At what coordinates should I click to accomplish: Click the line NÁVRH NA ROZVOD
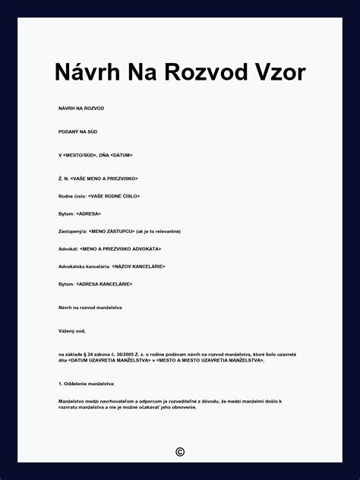click(x=81, y=109)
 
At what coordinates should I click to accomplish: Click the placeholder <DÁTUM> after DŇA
click(x=121, y=155)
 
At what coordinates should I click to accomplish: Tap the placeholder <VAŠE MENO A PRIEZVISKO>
click(x=103, y=178)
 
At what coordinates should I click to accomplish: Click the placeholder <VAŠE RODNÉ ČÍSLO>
click(x=114, y=196)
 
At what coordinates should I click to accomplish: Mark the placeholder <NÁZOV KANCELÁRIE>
click(x=138, y=267)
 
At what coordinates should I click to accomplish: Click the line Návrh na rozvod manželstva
click(x=90, y=308)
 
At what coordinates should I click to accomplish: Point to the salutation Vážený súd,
click(x=72, y=331)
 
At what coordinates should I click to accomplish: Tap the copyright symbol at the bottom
click(x=180, y=452)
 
